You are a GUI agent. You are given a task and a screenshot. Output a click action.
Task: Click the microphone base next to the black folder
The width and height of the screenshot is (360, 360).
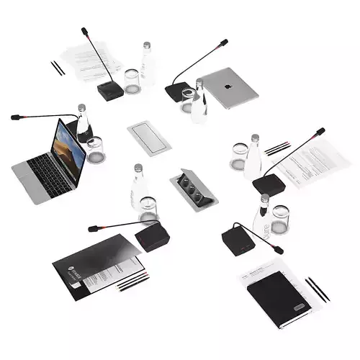tap(152, 235)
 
